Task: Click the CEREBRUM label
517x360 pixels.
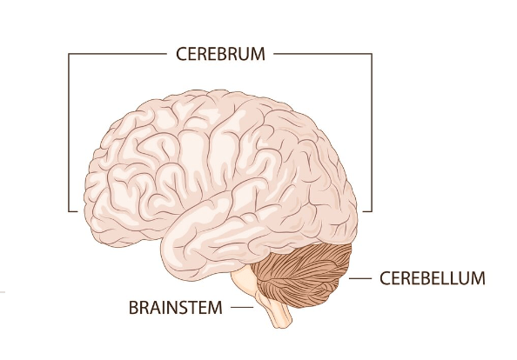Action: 220,54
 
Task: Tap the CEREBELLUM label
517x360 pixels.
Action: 433,278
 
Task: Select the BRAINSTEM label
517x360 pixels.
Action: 176,308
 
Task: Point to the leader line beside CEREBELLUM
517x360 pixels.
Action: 360,278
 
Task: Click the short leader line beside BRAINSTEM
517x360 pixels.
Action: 242,308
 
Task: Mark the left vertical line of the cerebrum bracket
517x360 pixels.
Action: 69,132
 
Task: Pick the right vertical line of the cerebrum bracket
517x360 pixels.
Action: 372,132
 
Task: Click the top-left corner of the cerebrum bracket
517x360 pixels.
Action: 69,54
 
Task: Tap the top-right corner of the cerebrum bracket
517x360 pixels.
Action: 372,54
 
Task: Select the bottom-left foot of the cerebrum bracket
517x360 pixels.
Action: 73,211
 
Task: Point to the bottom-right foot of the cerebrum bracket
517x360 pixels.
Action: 367,211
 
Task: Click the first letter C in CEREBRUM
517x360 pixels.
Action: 182,54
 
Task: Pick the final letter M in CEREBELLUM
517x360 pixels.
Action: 479,278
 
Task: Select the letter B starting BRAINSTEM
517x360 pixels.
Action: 133,308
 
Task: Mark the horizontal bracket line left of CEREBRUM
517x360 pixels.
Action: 117,54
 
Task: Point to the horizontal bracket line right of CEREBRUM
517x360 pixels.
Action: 323,54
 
